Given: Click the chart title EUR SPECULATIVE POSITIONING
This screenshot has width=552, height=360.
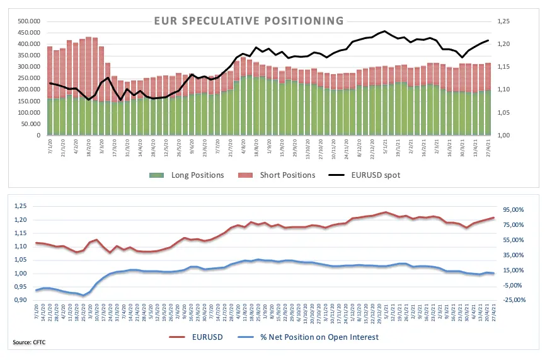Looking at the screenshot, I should pyautogui.click(x=249, y=21).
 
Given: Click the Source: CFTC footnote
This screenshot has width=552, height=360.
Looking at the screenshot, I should pyautogui.click(x=29, y=342).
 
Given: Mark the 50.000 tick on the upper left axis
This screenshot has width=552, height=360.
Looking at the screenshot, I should pyautogui.click(x=30, y=124).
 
